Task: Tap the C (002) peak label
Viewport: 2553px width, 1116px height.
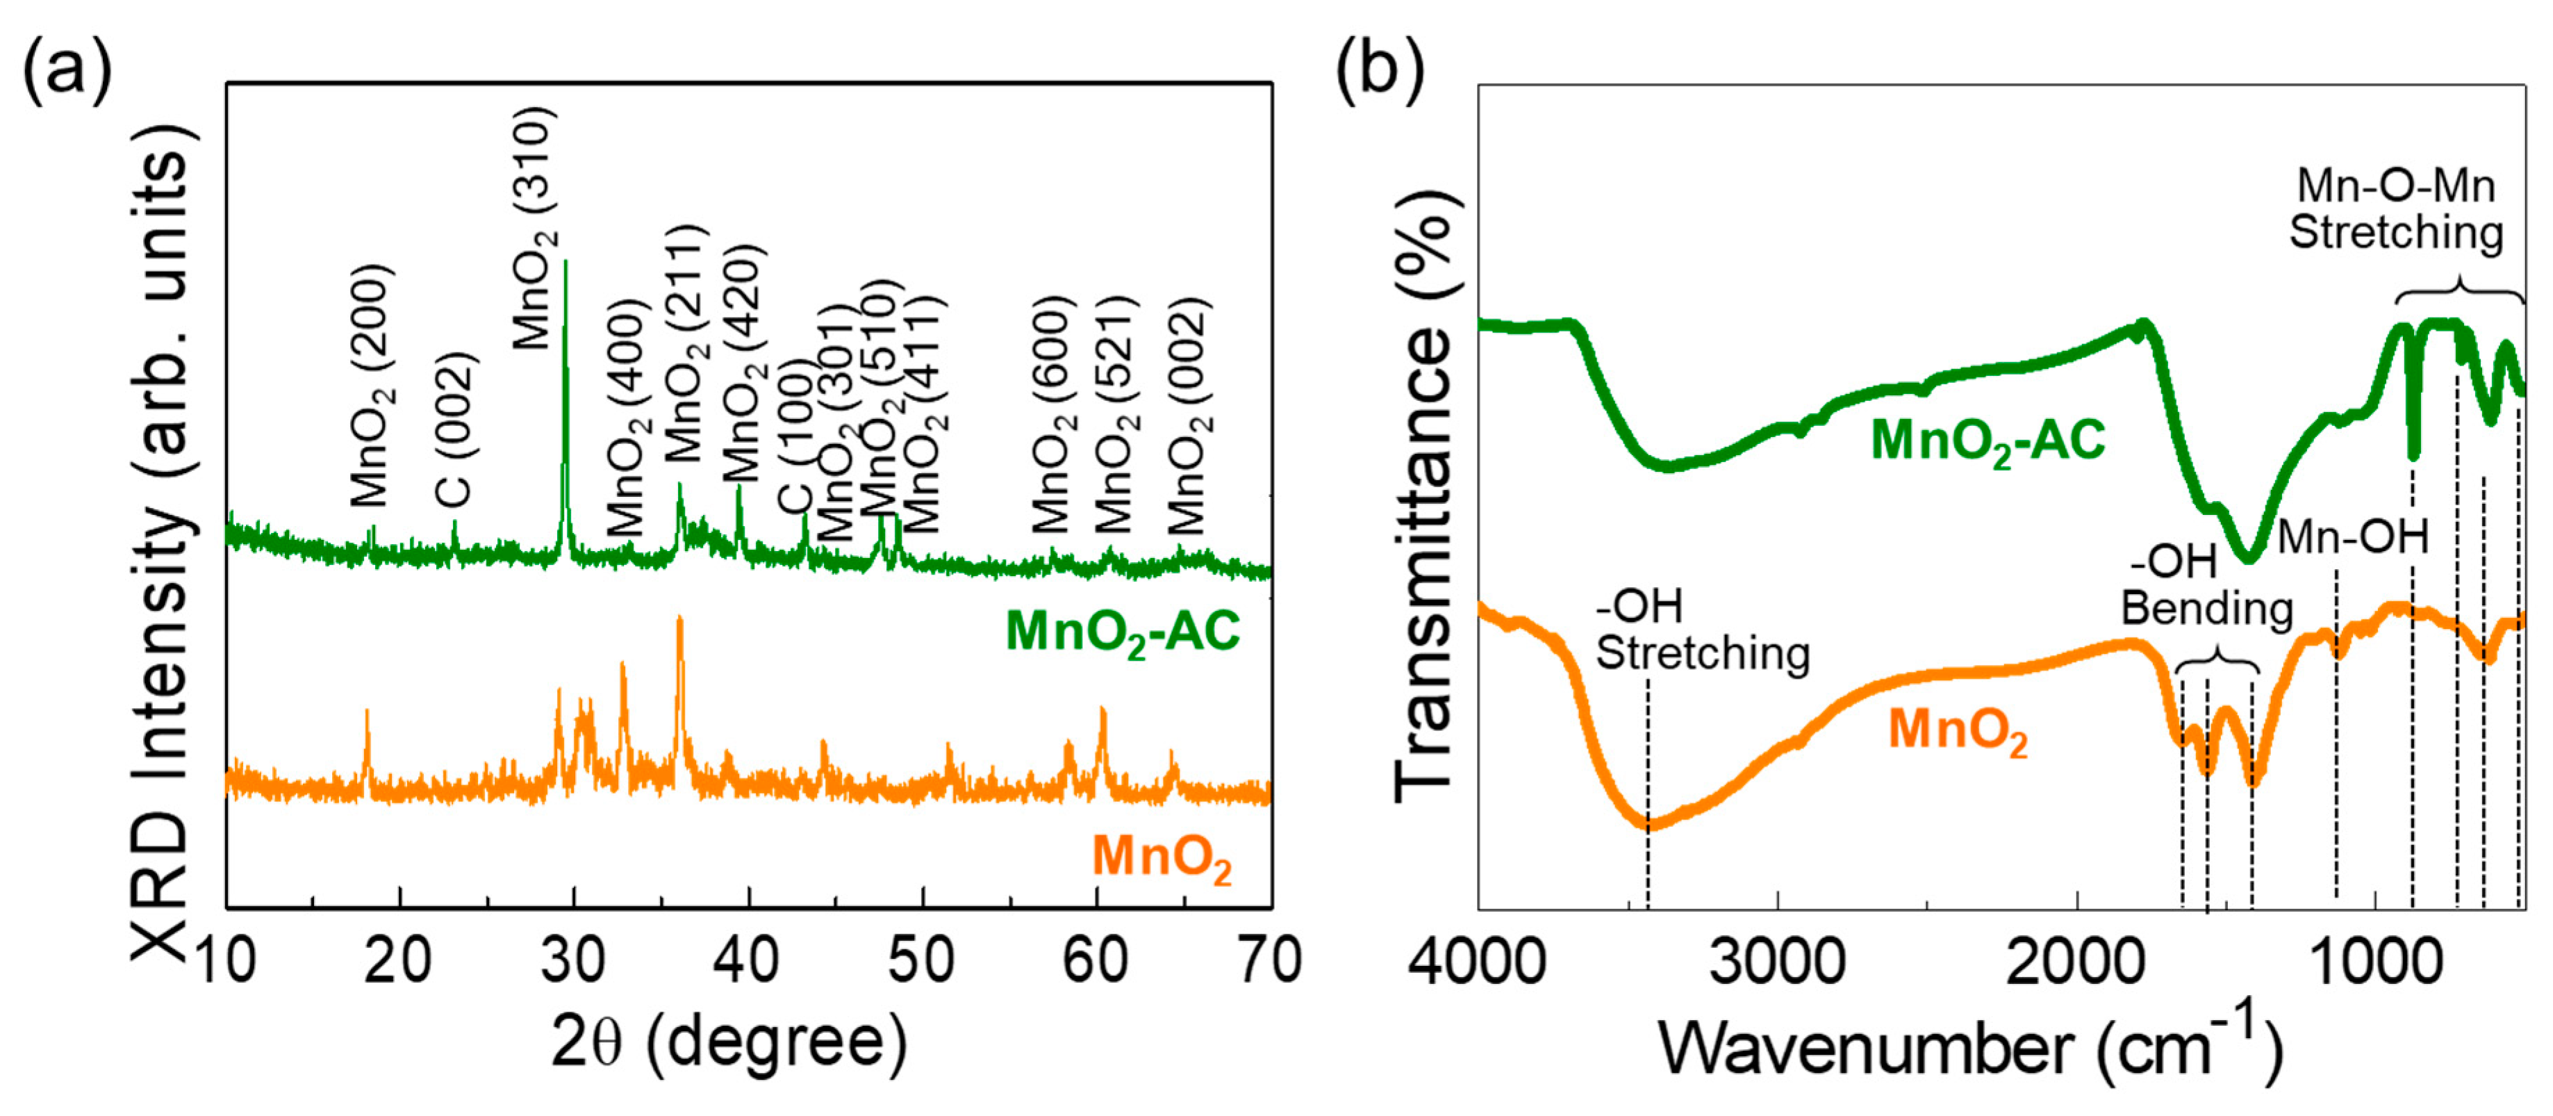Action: (455, 429)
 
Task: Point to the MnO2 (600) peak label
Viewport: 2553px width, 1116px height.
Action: (1052, 414)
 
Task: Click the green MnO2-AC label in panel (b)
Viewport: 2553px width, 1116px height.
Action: (1987, 441)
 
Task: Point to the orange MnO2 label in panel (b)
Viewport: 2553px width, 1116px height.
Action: (1958, 732)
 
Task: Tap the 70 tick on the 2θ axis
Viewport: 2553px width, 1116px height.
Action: (1270, 960)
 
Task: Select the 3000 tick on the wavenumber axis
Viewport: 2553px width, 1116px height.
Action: (1777, 960)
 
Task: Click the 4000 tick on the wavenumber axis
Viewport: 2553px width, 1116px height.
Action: (1478, 960)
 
